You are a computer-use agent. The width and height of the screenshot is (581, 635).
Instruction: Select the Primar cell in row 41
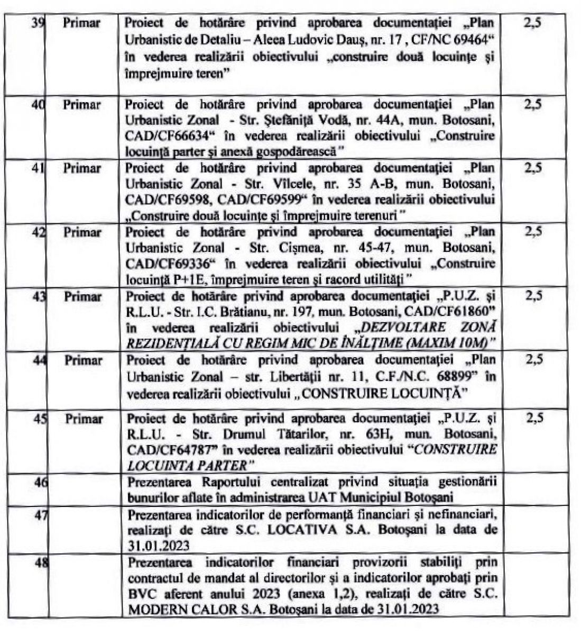pos(82,168)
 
